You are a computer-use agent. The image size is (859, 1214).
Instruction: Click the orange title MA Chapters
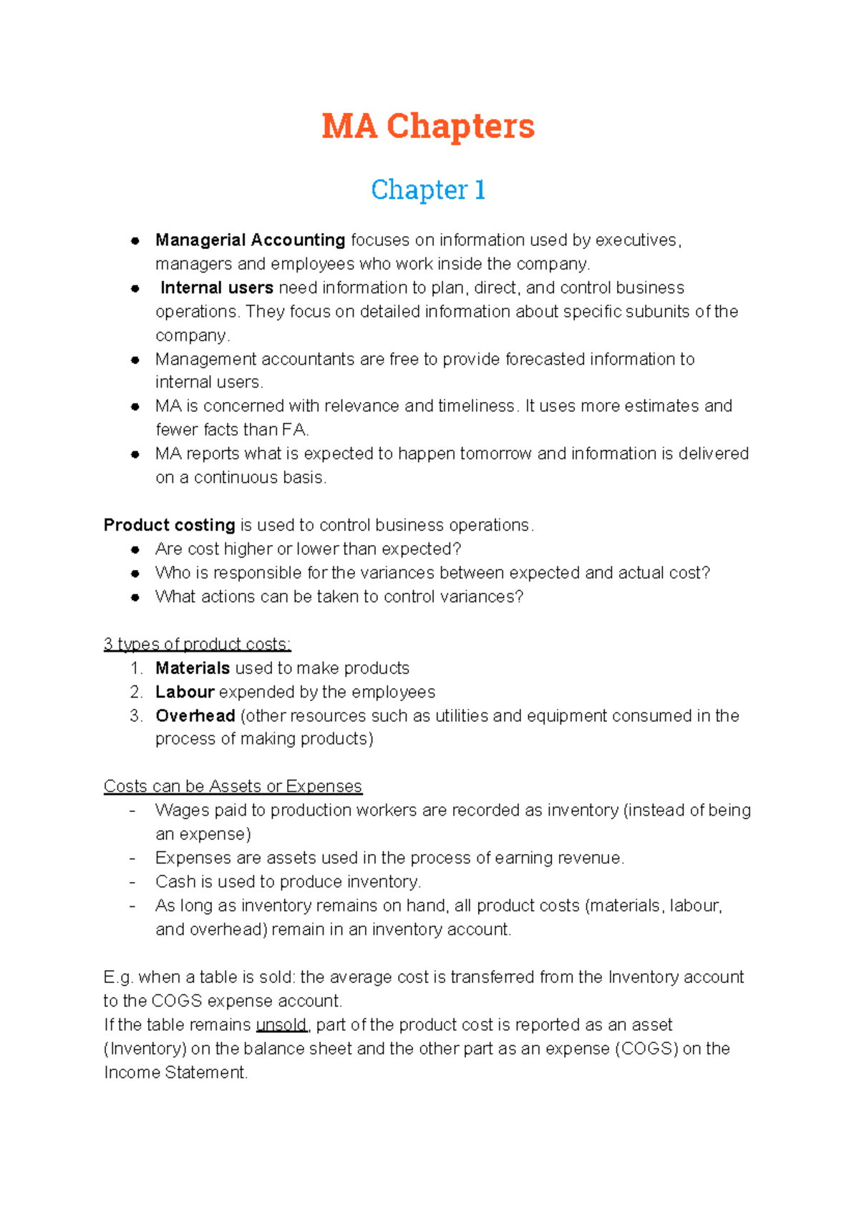[x=428, y=126]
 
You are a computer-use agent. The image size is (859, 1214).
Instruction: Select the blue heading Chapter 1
[x=428, y=190]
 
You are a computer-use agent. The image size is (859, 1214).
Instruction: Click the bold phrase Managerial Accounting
[x=250, y=240]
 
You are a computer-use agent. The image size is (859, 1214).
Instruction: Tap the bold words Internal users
[x=216, y=288]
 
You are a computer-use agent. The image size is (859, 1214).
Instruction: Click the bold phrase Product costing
[x=169, y=525]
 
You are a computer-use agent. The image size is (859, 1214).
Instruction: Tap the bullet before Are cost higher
[x=135, y=549]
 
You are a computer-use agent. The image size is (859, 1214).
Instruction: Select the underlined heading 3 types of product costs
[x=197, y=645]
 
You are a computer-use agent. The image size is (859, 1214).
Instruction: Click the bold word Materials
[x=193, y=668]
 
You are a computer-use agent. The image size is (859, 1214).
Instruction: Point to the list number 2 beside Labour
[x=136, y=692]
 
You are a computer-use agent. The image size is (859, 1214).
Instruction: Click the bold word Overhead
[x=195, y=716]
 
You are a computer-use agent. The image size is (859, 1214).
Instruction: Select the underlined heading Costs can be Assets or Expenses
[x=233, y=786]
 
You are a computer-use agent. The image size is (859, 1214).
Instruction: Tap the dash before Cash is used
[x=132, y=882]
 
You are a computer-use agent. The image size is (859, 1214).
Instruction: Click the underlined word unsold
[x=281, y=1025]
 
